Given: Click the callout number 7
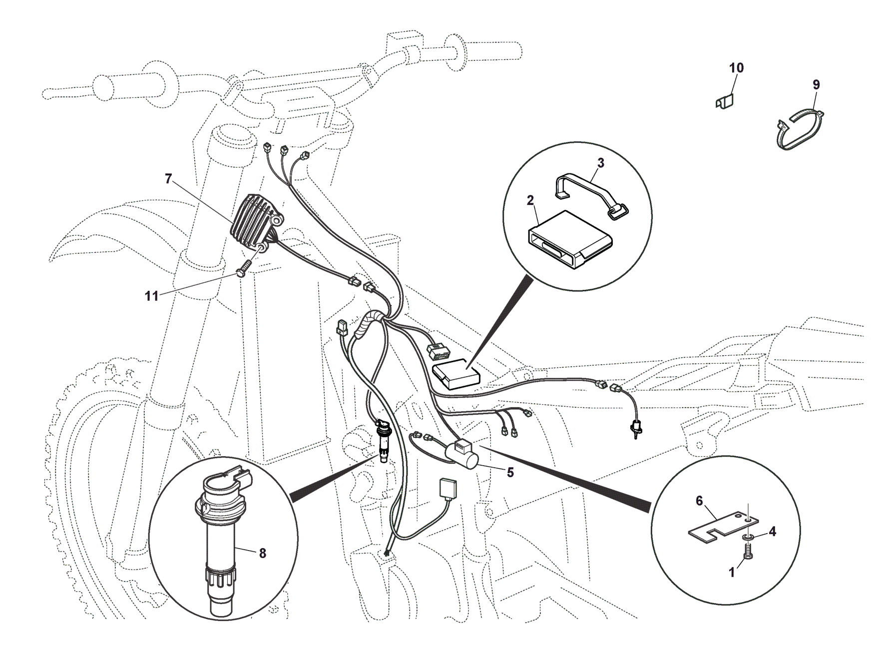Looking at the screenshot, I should (168, 179).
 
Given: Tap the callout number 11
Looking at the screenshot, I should (151, 296).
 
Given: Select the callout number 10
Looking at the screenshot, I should (736, 68).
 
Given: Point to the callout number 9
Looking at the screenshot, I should (816, 84).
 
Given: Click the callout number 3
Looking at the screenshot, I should (601, 163).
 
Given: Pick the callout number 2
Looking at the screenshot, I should (530, 200).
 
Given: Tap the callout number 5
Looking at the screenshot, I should (510, 472).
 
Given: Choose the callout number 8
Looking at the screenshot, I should (262, 553).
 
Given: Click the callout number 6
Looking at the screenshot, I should (699, 500).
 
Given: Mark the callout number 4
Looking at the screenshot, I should (772, 532).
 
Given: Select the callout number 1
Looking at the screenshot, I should (732, 573).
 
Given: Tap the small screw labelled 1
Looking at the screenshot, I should (748, 552).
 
